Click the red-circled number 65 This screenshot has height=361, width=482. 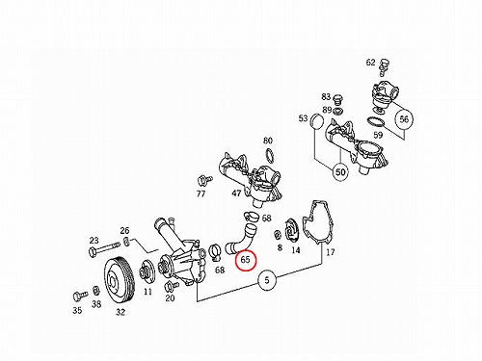tap(245, 259)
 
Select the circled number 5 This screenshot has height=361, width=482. tap(267, 280)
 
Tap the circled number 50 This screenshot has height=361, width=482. tap(340, 172)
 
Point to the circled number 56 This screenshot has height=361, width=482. tap(404, 119)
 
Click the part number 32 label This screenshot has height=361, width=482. tap(120, 312)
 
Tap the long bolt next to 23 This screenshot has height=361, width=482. tap(103, 249)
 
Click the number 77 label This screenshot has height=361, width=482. tap(201, 193)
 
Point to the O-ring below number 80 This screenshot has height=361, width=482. tap(270, 155)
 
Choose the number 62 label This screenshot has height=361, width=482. tap(370, 62)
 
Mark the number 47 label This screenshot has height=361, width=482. tap(236, 193)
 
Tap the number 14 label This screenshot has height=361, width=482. tap(296, 250)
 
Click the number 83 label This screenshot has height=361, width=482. tap(326, 96)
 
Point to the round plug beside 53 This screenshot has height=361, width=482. tap(317, 122)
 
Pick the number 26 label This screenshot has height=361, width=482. tap(124, 230)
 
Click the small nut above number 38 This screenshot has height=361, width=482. tap(95, 291)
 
